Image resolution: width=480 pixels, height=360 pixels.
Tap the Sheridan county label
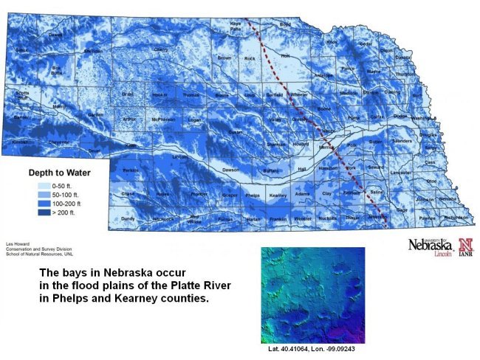pos(93,51)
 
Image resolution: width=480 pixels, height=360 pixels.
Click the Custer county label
pos(235,131)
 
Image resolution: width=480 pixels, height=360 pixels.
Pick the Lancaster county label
pos(401,172)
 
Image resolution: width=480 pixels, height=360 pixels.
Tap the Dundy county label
pos(128,218)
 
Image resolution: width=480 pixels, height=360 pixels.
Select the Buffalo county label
pos(271,170)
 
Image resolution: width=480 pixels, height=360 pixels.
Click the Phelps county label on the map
pos(253,195)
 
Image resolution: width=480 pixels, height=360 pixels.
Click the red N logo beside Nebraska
pos(465,243)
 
